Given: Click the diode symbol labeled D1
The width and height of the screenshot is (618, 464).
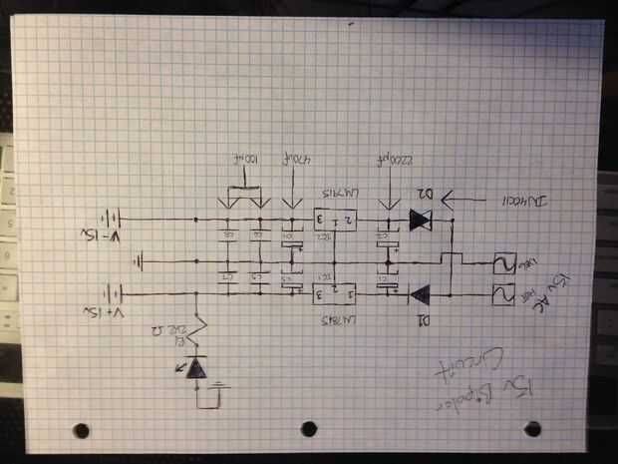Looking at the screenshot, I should (419, 293).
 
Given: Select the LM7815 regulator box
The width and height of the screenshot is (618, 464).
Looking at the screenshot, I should (334, 292).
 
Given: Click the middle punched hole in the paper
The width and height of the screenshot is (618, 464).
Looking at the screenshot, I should (308, 428).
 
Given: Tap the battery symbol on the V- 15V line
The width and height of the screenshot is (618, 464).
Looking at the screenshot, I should (121, 218).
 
